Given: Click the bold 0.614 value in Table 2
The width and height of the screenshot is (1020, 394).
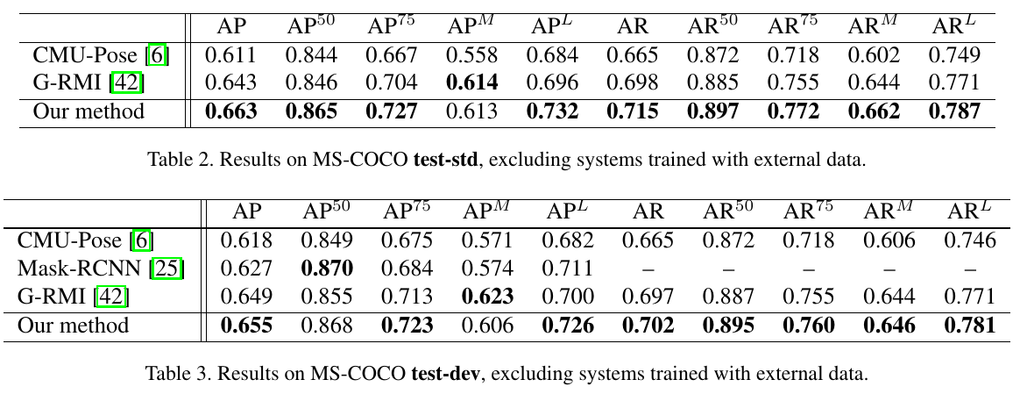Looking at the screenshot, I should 472,83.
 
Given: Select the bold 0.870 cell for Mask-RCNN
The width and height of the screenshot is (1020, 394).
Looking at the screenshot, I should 327,269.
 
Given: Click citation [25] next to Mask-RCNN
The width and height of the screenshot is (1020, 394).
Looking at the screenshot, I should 168,269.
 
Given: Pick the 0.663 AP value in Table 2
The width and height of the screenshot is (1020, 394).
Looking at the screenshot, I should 230,112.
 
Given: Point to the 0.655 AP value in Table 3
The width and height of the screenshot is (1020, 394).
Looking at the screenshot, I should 246,326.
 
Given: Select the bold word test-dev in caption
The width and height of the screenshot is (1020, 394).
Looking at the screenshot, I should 445,374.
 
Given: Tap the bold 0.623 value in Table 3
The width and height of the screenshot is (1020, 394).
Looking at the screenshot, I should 487,297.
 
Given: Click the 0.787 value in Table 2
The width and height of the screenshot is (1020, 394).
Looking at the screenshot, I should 953,112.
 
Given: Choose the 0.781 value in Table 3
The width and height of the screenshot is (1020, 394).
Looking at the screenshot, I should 969,326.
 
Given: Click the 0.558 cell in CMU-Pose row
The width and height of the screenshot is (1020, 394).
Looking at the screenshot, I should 472,56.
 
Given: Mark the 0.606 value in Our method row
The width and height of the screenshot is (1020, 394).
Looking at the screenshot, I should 487,326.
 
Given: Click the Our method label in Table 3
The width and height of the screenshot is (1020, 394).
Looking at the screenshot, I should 73,326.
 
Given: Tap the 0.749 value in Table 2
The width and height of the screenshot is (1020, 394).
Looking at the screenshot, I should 953,56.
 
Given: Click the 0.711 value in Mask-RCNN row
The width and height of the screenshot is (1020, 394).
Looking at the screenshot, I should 568,269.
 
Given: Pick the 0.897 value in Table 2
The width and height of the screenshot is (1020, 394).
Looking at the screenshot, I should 712,112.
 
